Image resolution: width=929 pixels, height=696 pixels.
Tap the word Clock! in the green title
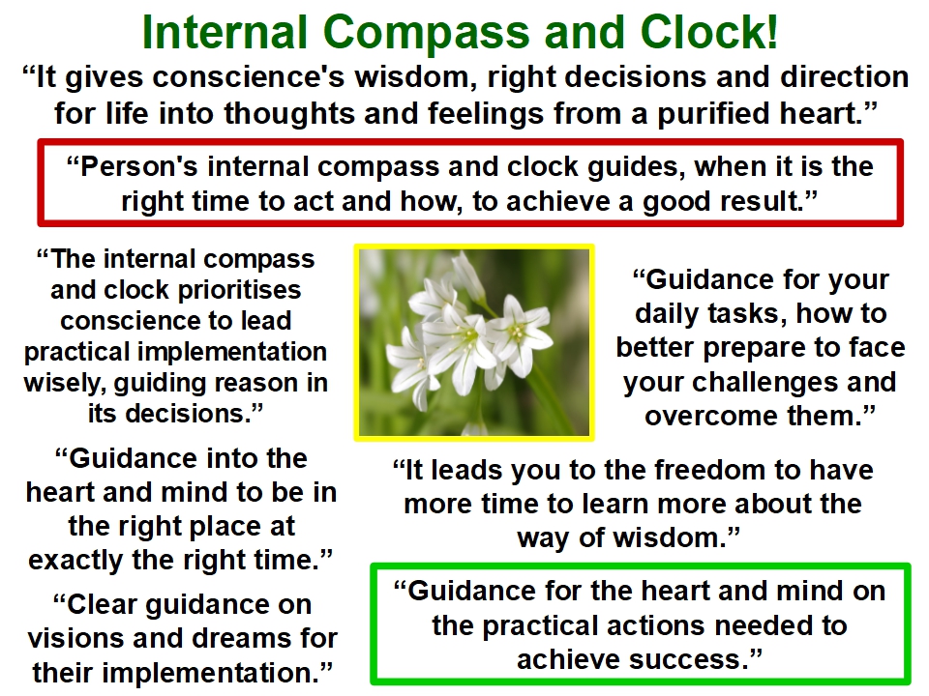tap(708, 32)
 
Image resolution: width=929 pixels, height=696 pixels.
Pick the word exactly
tap(75, 561)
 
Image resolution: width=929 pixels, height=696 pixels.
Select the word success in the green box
tap(686, 660)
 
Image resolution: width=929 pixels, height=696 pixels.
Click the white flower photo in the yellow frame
tap(474, 342)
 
